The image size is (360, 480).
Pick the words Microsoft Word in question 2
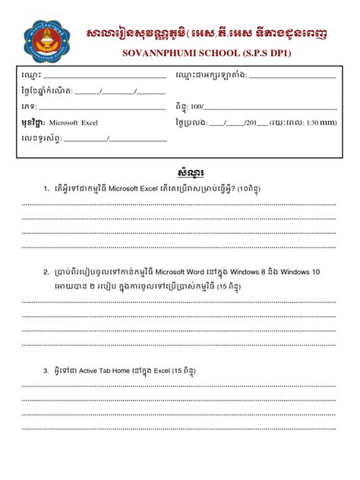tap(187, 270)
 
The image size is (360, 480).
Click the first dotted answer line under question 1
tap(180, 204)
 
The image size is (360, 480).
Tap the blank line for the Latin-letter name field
tap(292, 77)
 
